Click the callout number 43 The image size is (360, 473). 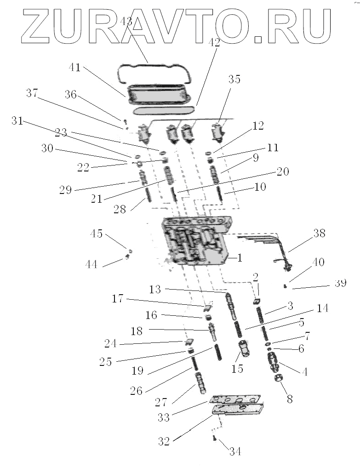coord(126,21)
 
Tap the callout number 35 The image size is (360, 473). coord(234,79)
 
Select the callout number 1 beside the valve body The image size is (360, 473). coord(240,258)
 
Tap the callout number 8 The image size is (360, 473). coord(289,399)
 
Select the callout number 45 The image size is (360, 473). coord(97,234)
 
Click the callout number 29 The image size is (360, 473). coord(66,189)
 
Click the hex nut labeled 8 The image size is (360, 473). coord(278,379)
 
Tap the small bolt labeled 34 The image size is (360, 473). coord(214,439)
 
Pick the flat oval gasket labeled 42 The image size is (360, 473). coord(163,111)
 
